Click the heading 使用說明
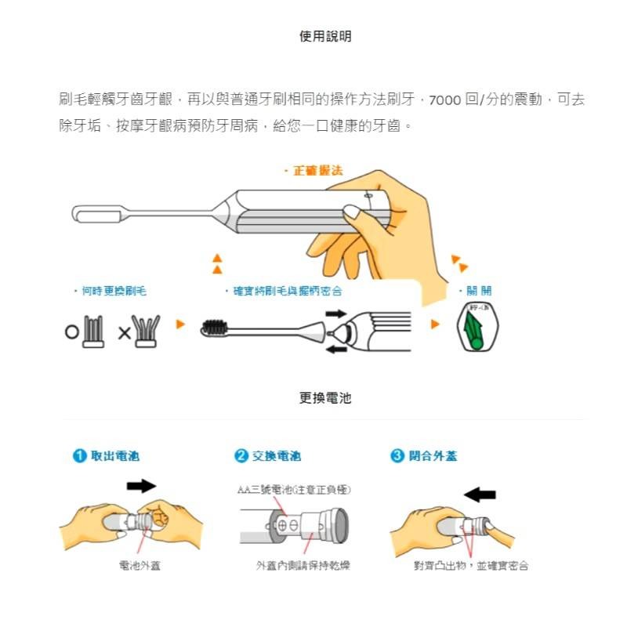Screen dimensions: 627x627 click(x=325, y=36)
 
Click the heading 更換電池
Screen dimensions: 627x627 click(x=325, y=398)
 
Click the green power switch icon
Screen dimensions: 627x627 click(x=477, y=330)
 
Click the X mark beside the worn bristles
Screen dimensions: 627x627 click(x=124, y=333)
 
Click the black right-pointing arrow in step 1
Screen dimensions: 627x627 click(x=141, y=487)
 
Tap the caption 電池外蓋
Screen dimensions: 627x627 click(x=140, y=565)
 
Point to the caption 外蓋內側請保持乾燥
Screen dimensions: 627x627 click(x=303, y=565)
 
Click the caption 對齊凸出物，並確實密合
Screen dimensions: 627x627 click(x=470, y=565)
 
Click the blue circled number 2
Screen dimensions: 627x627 click(x=241, y=456)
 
